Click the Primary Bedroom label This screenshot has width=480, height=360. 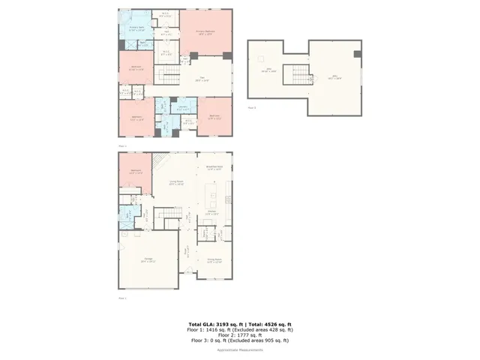pos(205,31)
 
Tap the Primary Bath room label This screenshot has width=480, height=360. pos(137,28)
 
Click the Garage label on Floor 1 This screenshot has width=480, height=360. pos(148,260)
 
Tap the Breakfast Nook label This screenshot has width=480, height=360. pos(213,168)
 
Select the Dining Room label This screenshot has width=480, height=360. pos(214,261)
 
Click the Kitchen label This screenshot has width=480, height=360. pos(212,214)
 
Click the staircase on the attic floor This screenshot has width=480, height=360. pos(300,73)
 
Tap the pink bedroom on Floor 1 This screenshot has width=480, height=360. pos(136,172)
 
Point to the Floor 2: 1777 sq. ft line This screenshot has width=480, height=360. pos(240,334)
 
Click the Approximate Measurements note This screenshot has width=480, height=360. pos(240,350)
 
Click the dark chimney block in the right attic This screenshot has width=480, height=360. pos(356,54)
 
